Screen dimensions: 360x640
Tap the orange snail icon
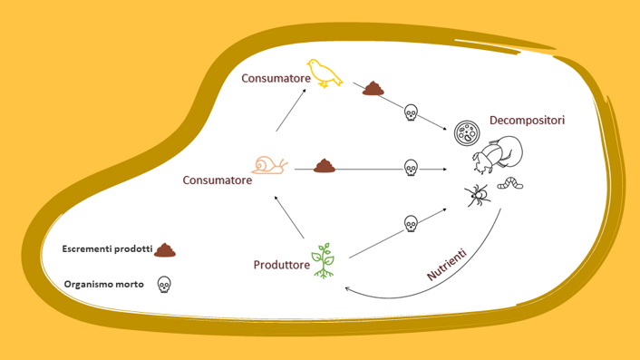coord(271,164)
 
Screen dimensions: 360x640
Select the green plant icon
coord(323,260)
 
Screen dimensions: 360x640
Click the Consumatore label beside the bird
coord(276,79)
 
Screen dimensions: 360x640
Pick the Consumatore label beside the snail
coord(218,180)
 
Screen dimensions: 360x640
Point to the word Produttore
coord(281,266)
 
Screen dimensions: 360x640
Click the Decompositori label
coord(527,120)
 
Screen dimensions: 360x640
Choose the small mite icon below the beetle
coord(477,192)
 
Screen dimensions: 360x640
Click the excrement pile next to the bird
coord(373,88)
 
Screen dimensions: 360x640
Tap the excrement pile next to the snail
coord(325,166)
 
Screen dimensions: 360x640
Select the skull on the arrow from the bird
coord(410,112)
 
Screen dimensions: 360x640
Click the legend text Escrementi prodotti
coord(107,248)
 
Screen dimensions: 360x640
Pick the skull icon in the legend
coord(164,284)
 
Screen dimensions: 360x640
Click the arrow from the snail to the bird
coord(291,114)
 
